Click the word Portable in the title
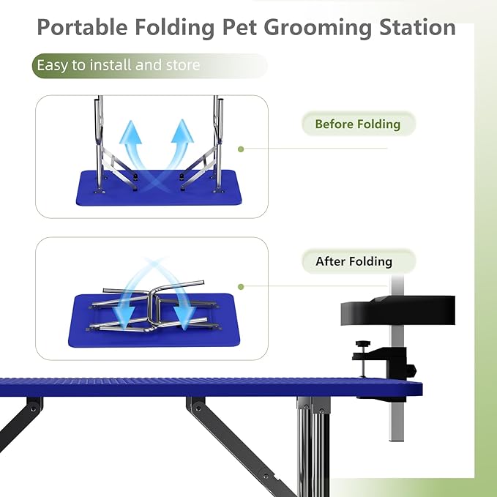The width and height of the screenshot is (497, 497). pyautogui.click(x=81, y=28)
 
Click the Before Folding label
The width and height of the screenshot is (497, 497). pyautogui.click(x=357, y=124)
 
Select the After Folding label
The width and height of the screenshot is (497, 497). pyautogui.click(x=354, y=261)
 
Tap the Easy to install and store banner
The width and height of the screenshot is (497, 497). pyautogui.click(x=118, y=65)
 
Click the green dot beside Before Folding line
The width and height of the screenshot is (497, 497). pyautogui.click(x=241, y=149)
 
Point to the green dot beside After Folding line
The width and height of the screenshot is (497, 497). pyautogui.click(x=241, y=287)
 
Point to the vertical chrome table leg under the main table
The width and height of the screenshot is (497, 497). pyautogui.click(x=315, y=446)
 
